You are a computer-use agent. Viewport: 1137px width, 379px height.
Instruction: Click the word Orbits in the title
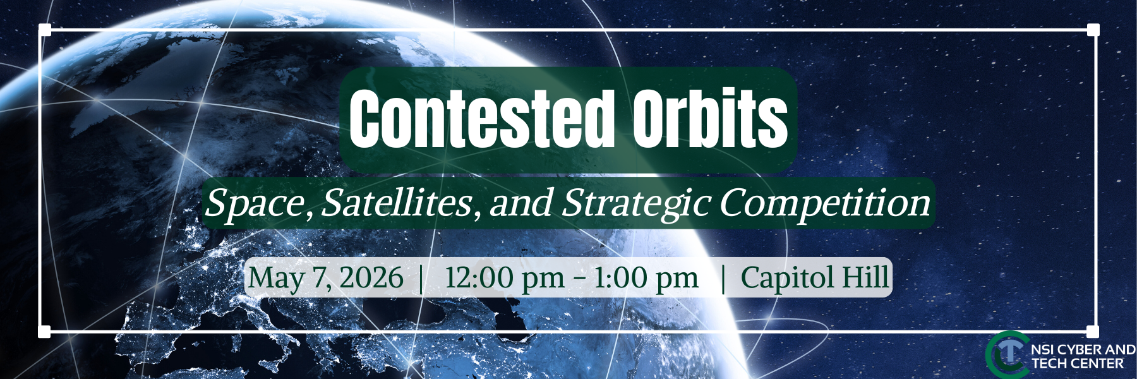point(710,119)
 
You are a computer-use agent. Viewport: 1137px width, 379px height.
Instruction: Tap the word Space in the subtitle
point(256,203)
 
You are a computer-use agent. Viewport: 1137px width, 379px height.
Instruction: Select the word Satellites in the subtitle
point(397,203)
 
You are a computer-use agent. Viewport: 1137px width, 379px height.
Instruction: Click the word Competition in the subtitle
point(824,203)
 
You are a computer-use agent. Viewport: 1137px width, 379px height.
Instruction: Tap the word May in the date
point(276,278)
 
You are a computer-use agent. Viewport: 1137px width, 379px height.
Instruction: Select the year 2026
point(371,278)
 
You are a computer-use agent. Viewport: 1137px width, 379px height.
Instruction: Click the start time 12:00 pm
point(504,278)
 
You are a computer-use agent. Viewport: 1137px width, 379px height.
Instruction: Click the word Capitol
point(788,278)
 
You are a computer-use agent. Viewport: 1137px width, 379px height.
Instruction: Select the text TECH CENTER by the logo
point(1078,364)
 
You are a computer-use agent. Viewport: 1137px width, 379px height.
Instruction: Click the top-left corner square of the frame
point(44,30)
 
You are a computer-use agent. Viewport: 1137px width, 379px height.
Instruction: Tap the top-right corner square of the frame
point(1093,30)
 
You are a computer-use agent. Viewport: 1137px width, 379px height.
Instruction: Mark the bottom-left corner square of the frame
point(44,332)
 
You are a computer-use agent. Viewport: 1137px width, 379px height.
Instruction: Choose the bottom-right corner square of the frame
point(1093,332)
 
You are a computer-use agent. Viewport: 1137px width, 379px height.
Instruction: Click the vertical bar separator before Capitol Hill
point(723,278)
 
